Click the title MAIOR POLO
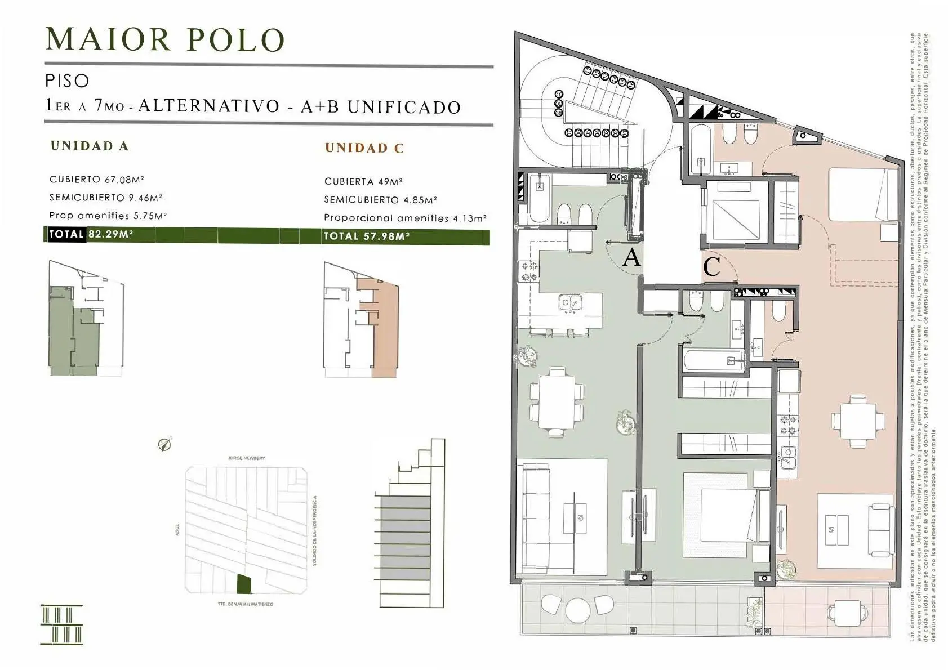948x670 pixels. (165, 39)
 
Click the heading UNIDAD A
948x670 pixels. (90, 146)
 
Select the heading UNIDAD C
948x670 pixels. (364, 148)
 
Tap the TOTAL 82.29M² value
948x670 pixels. (110, 234)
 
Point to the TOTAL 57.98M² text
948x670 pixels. (367, 236)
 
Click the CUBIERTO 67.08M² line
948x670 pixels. (96, 180)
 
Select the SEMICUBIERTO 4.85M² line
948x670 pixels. (380, 200)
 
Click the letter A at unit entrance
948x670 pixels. (631, 258)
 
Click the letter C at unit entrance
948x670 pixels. (711, 266)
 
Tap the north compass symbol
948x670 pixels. (164, 445)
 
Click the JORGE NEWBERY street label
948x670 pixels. (246, 458)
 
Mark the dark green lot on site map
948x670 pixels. (244, 584)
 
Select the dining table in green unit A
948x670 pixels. (557, 401)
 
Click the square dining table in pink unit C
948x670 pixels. (858, 422)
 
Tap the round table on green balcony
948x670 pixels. (577, 609)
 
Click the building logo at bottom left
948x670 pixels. (62, 624)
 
